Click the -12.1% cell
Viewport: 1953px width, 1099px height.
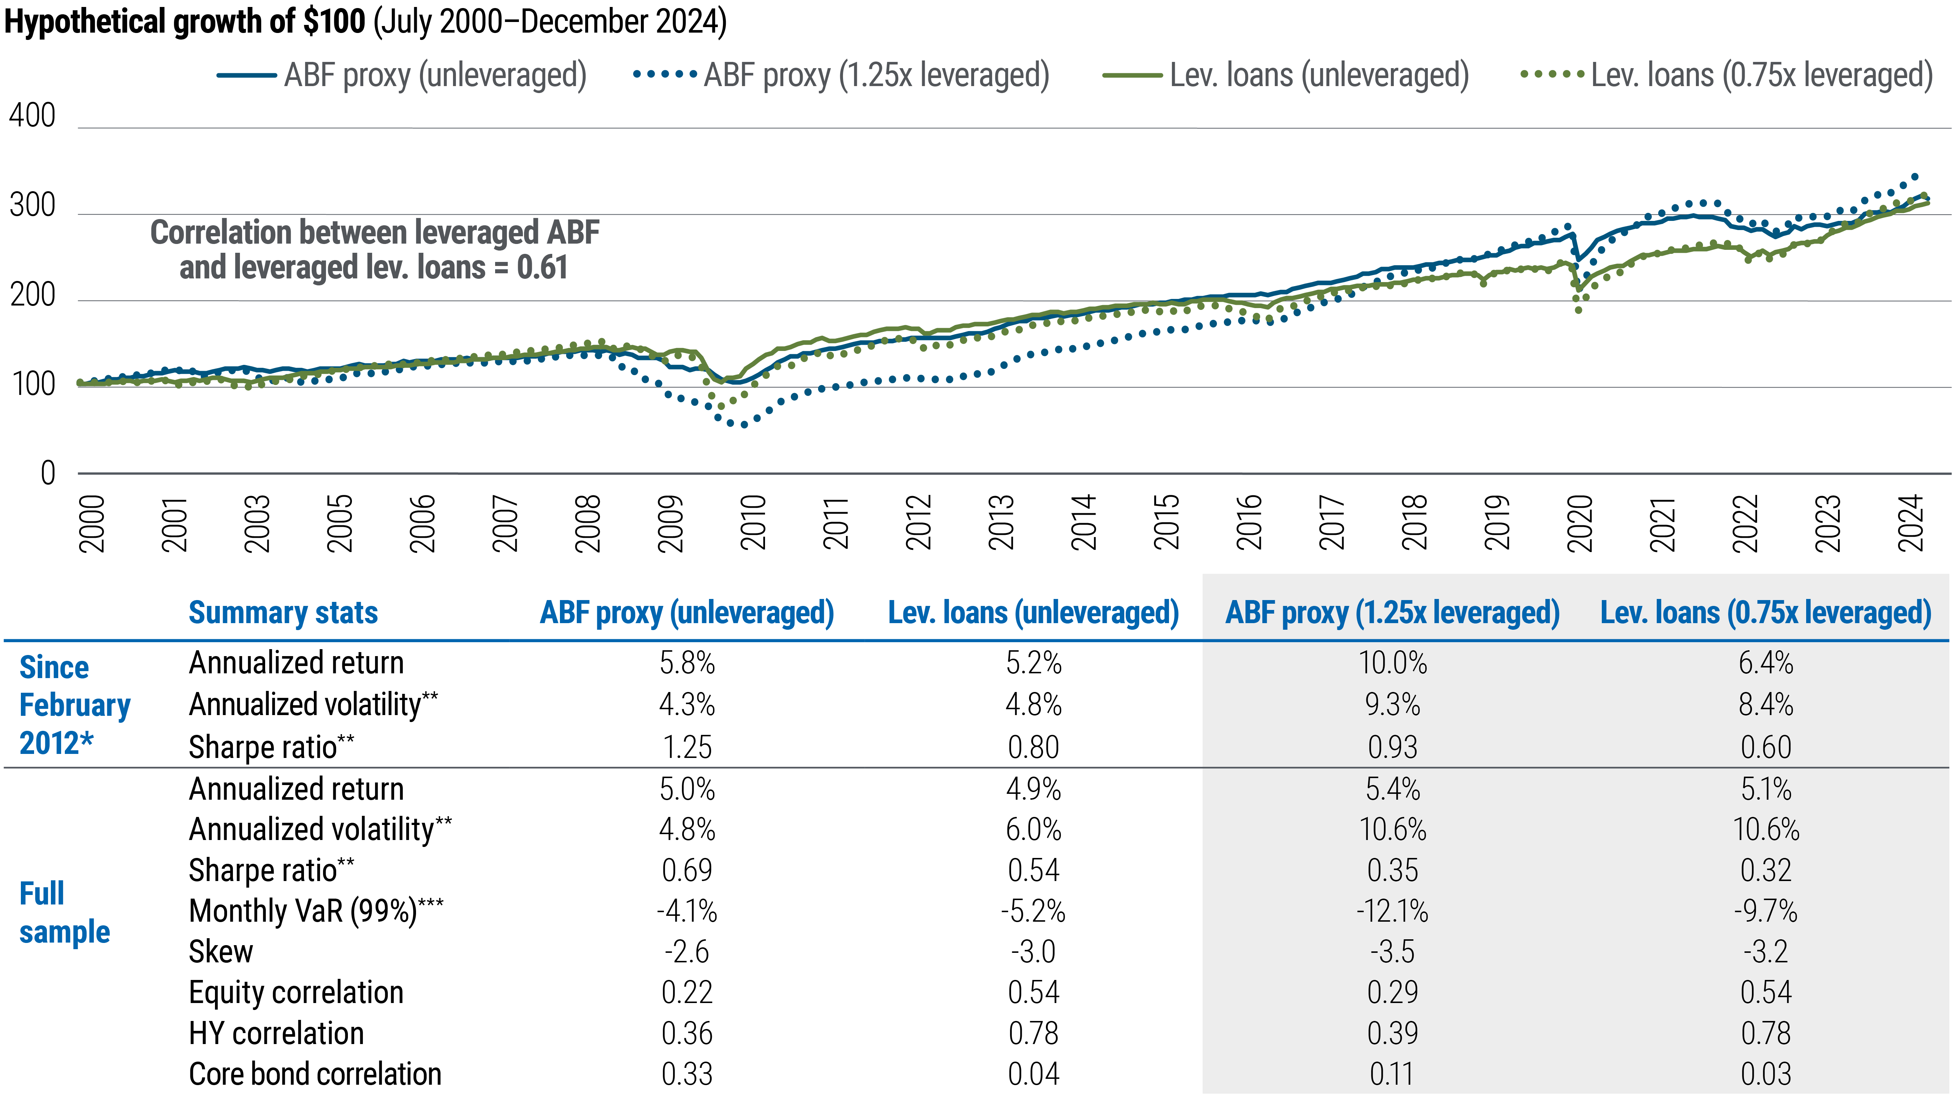pyautogui.click(x=1393, y=911)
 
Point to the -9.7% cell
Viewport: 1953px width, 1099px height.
pyautogui.click(x=1766, y=911)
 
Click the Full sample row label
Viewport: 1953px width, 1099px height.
pyautogui.click(x=64, y=913)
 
